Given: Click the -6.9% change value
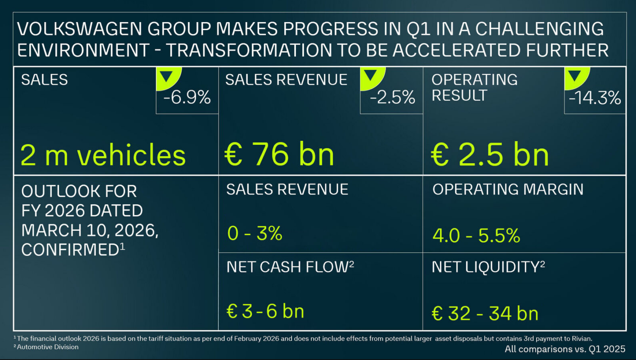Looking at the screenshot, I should coord(187,98).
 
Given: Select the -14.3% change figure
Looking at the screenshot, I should coord(595,98).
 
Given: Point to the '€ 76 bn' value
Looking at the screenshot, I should coord(279,154).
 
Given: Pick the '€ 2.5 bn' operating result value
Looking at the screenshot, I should coord(490,154).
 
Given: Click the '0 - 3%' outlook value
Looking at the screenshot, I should coord(255,234).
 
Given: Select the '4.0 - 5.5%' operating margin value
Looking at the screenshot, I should coord(476,235).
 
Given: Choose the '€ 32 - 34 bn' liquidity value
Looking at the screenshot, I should coord(485,313).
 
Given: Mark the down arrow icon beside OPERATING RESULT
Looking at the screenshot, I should coord(573,76).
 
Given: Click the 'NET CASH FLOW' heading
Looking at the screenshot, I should coord(287,267).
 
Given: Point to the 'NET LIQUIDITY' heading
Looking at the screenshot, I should coord(485,267).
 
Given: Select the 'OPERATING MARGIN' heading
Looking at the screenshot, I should coord(508,189).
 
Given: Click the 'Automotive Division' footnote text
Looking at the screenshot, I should coord(48,347).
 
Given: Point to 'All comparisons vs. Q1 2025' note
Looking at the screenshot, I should coord(565,349).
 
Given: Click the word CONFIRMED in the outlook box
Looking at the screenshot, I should coord(70,250).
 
